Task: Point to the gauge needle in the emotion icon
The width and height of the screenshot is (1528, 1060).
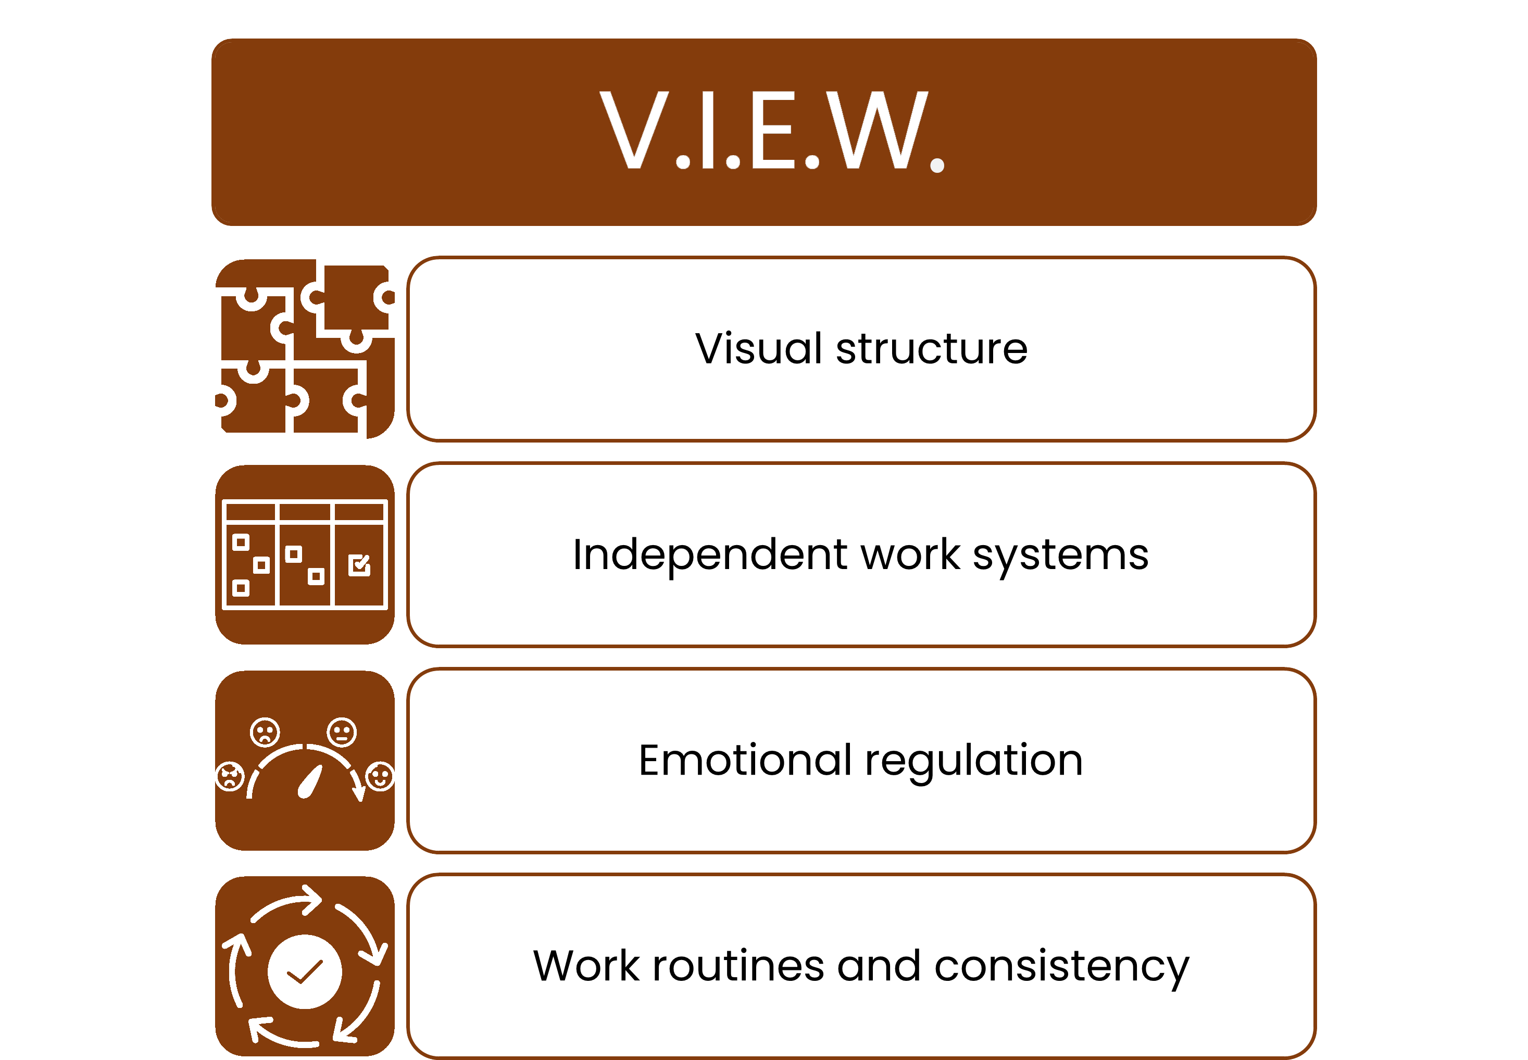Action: [309, 781]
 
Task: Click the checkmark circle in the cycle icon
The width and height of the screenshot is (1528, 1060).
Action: [305, 971]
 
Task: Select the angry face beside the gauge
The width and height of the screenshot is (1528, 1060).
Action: [230, 776]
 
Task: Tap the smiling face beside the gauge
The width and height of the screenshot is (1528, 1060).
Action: [380, 776]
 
